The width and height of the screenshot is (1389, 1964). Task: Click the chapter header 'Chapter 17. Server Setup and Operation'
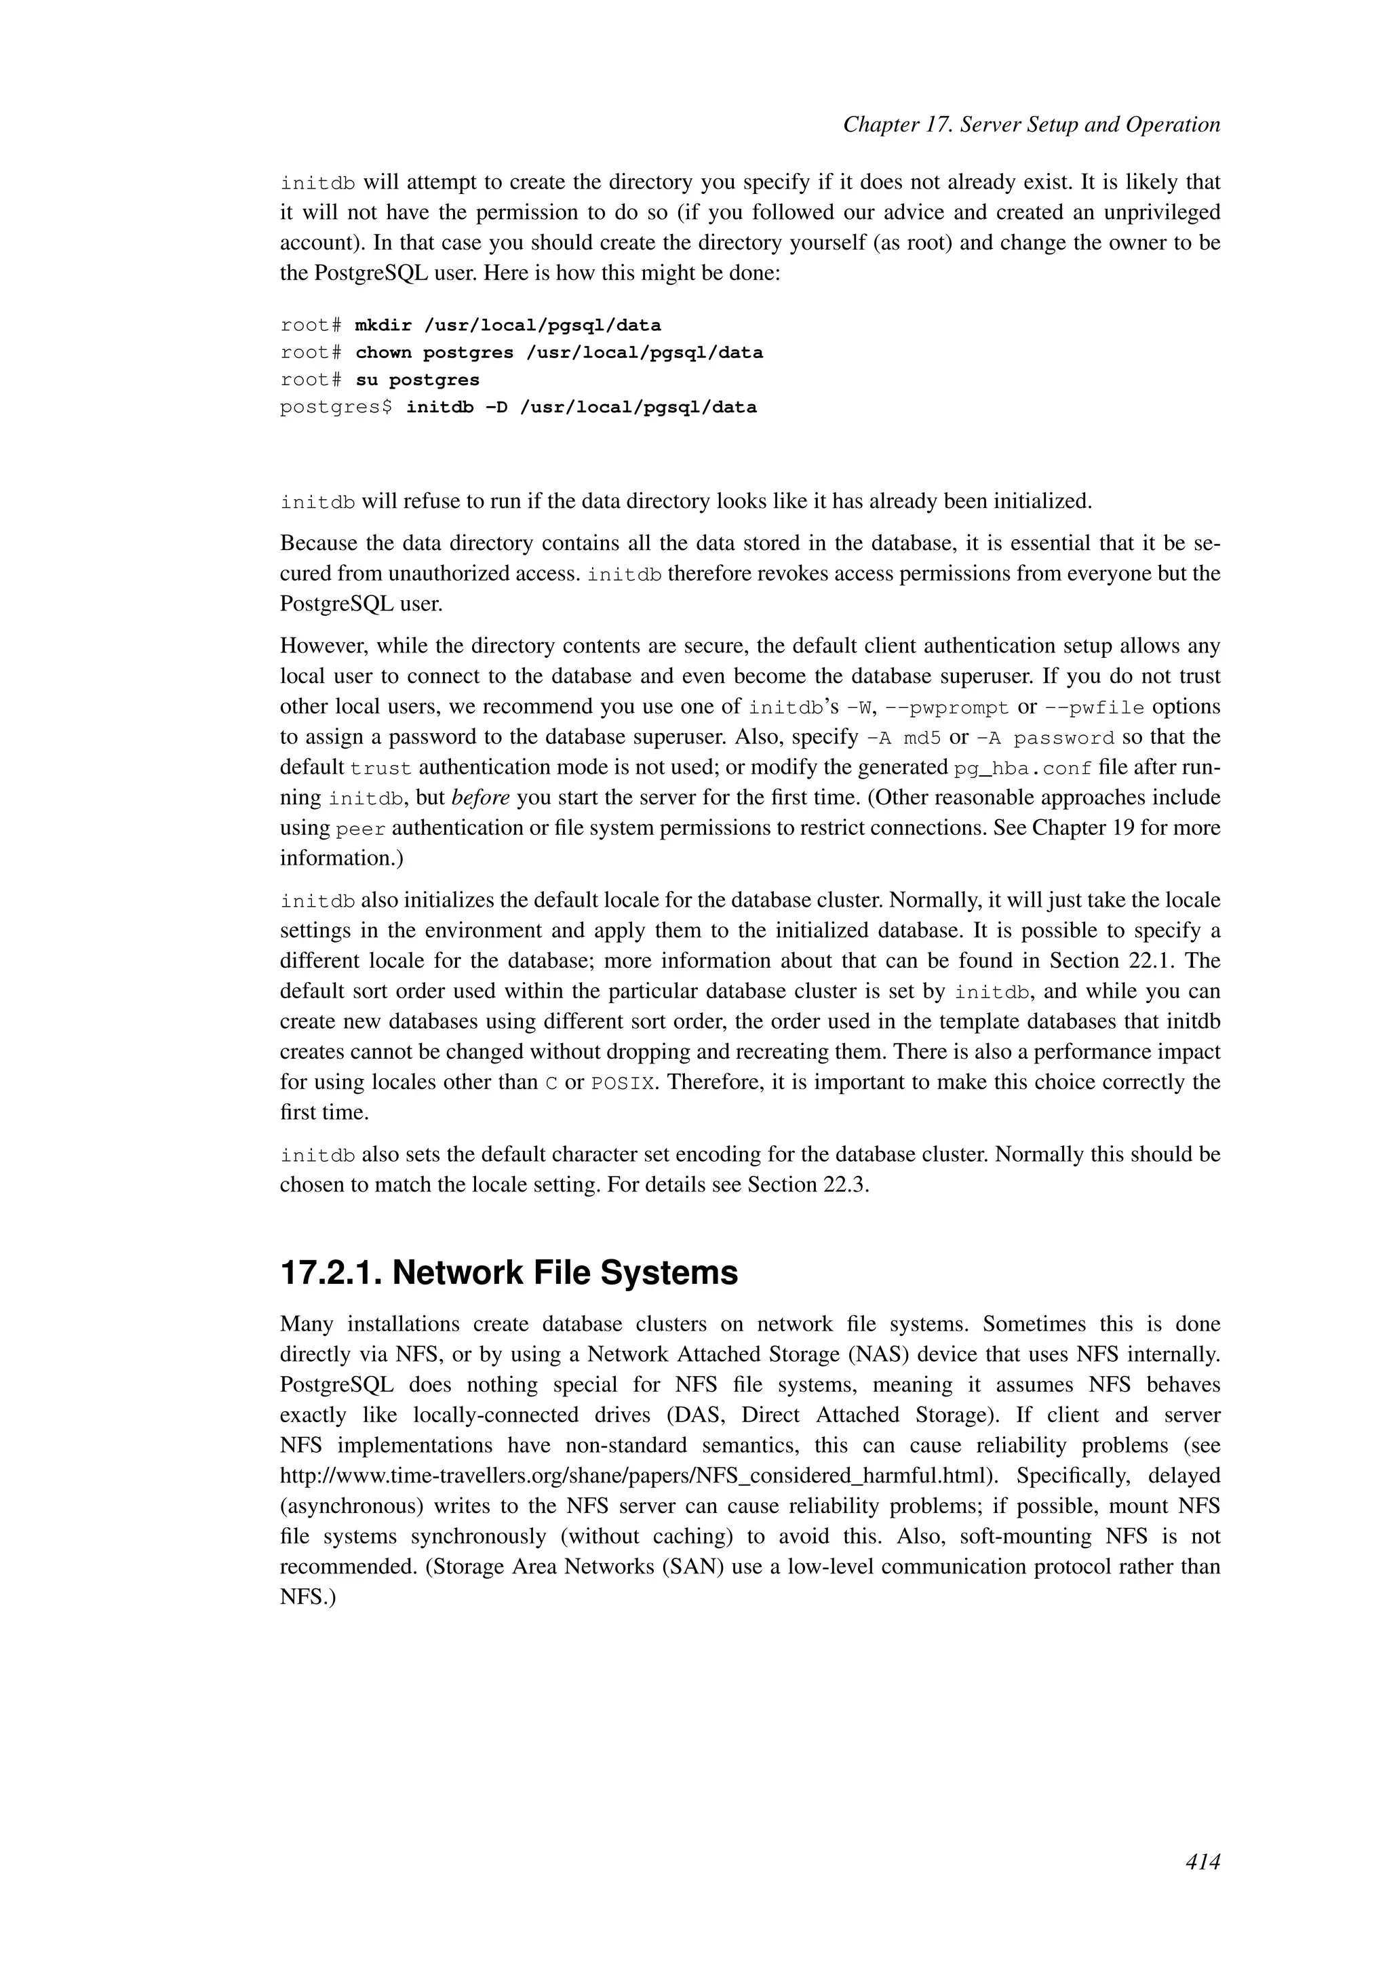[x=1031, y=125]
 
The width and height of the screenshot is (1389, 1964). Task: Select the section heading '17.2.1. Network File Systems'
[x=509, y=1273]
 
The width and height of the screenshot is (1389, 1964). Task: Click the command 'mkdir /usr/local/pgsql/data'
[x=507, y=325]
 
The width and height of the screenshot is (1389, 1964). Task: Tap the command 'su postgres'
[x=416, y=380]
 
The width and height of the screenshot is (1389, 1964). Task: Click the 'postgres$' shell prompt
[x=335, y=407]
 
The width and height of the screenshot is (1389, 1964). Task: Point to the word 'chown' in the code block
[x=383, y=353]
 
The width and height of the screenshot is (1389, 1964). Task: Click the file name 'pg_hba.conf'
[x=1022, y=768]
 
